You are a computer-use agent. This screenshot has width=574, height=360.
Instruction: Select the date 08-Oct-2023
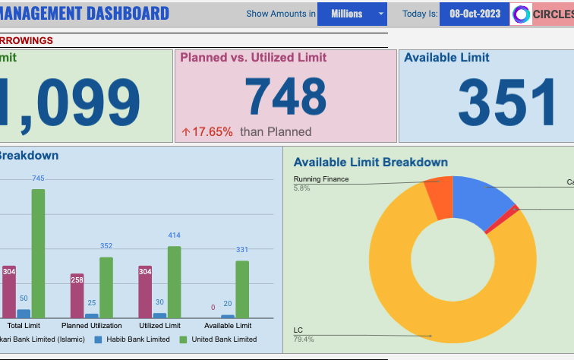(x=475, y=14)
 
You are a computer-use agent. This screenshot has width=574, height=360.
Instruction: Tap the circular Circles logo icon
(x=522, y=14)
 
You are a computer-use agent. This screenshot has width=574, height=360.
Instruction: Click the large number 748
(x=285, y=97)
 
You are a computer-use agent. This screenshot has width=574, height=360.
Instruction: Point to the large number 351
(x=507, y=103)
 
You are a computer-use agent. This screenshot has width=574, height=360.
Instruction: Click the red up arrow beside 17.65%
(x=185, y=132)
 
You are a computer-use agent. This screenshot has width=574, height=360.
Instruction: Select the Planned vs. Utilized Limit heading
(x=253, y=58)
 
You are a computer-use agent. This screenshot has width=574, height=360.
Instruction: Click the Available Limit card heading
(x=446, y=58)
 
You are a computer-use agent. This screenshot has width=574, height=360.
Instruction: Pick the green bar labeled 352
(x=106, y=286)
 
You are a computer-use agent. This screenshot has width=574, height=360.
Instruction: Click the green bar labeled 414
(x=174, y=281)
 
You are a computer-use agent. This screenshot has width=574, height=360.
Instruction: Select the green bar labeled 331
(x=242, y=289)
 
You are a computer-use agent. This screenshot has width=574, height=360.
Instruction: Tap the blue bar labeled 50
(x=24, y=313)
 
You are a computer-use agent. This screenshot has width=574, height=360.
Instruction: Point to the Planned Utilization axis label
(x=91, y=326)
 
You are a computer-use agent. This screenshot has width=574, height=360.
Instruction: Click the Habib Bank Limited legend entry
(x=136, y=339)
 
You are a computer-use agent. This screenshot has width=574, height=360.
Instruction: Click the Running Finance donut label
(x=321, y=179)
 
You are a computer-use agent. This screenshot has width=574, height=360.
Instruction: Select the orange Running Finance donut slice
(x=439, y=197)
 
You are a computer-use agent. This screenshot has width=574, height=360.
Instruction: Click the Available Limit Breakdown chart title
(x=371, y=163)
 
